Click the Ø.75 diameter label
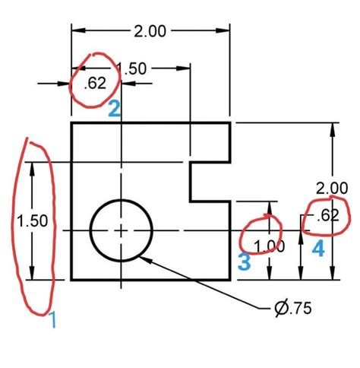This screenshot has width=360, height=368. click(x=292, y=308)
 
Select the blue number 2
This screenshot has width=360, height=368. click(x=114, y=109)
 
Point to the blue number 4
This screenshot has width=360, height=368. click(x=319, y=249)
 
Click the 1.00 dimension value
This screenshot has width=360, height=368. click(x=270, y=246)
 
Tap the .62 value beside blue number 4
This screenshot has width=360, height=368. click(x=327, y=215)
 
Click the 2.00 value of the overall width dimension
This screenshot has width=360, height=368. click(x=150, y=31)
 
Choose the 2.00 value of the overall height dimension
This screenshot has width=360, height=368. click(x=332, y=188)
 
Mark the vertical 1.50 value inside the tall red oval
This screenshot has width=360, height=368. click(x=33, y=220)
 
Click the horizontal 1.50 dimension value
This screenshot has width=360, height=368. click(x=132, y=68)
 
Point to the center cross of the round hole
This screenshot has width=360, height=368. click(x=122, y=230)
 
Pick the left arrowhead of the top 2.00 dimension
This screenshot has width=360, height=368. click(x=75, y=31)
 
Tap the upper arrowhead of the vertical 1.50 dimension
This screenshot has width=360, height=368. click(x=33, y=166)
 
